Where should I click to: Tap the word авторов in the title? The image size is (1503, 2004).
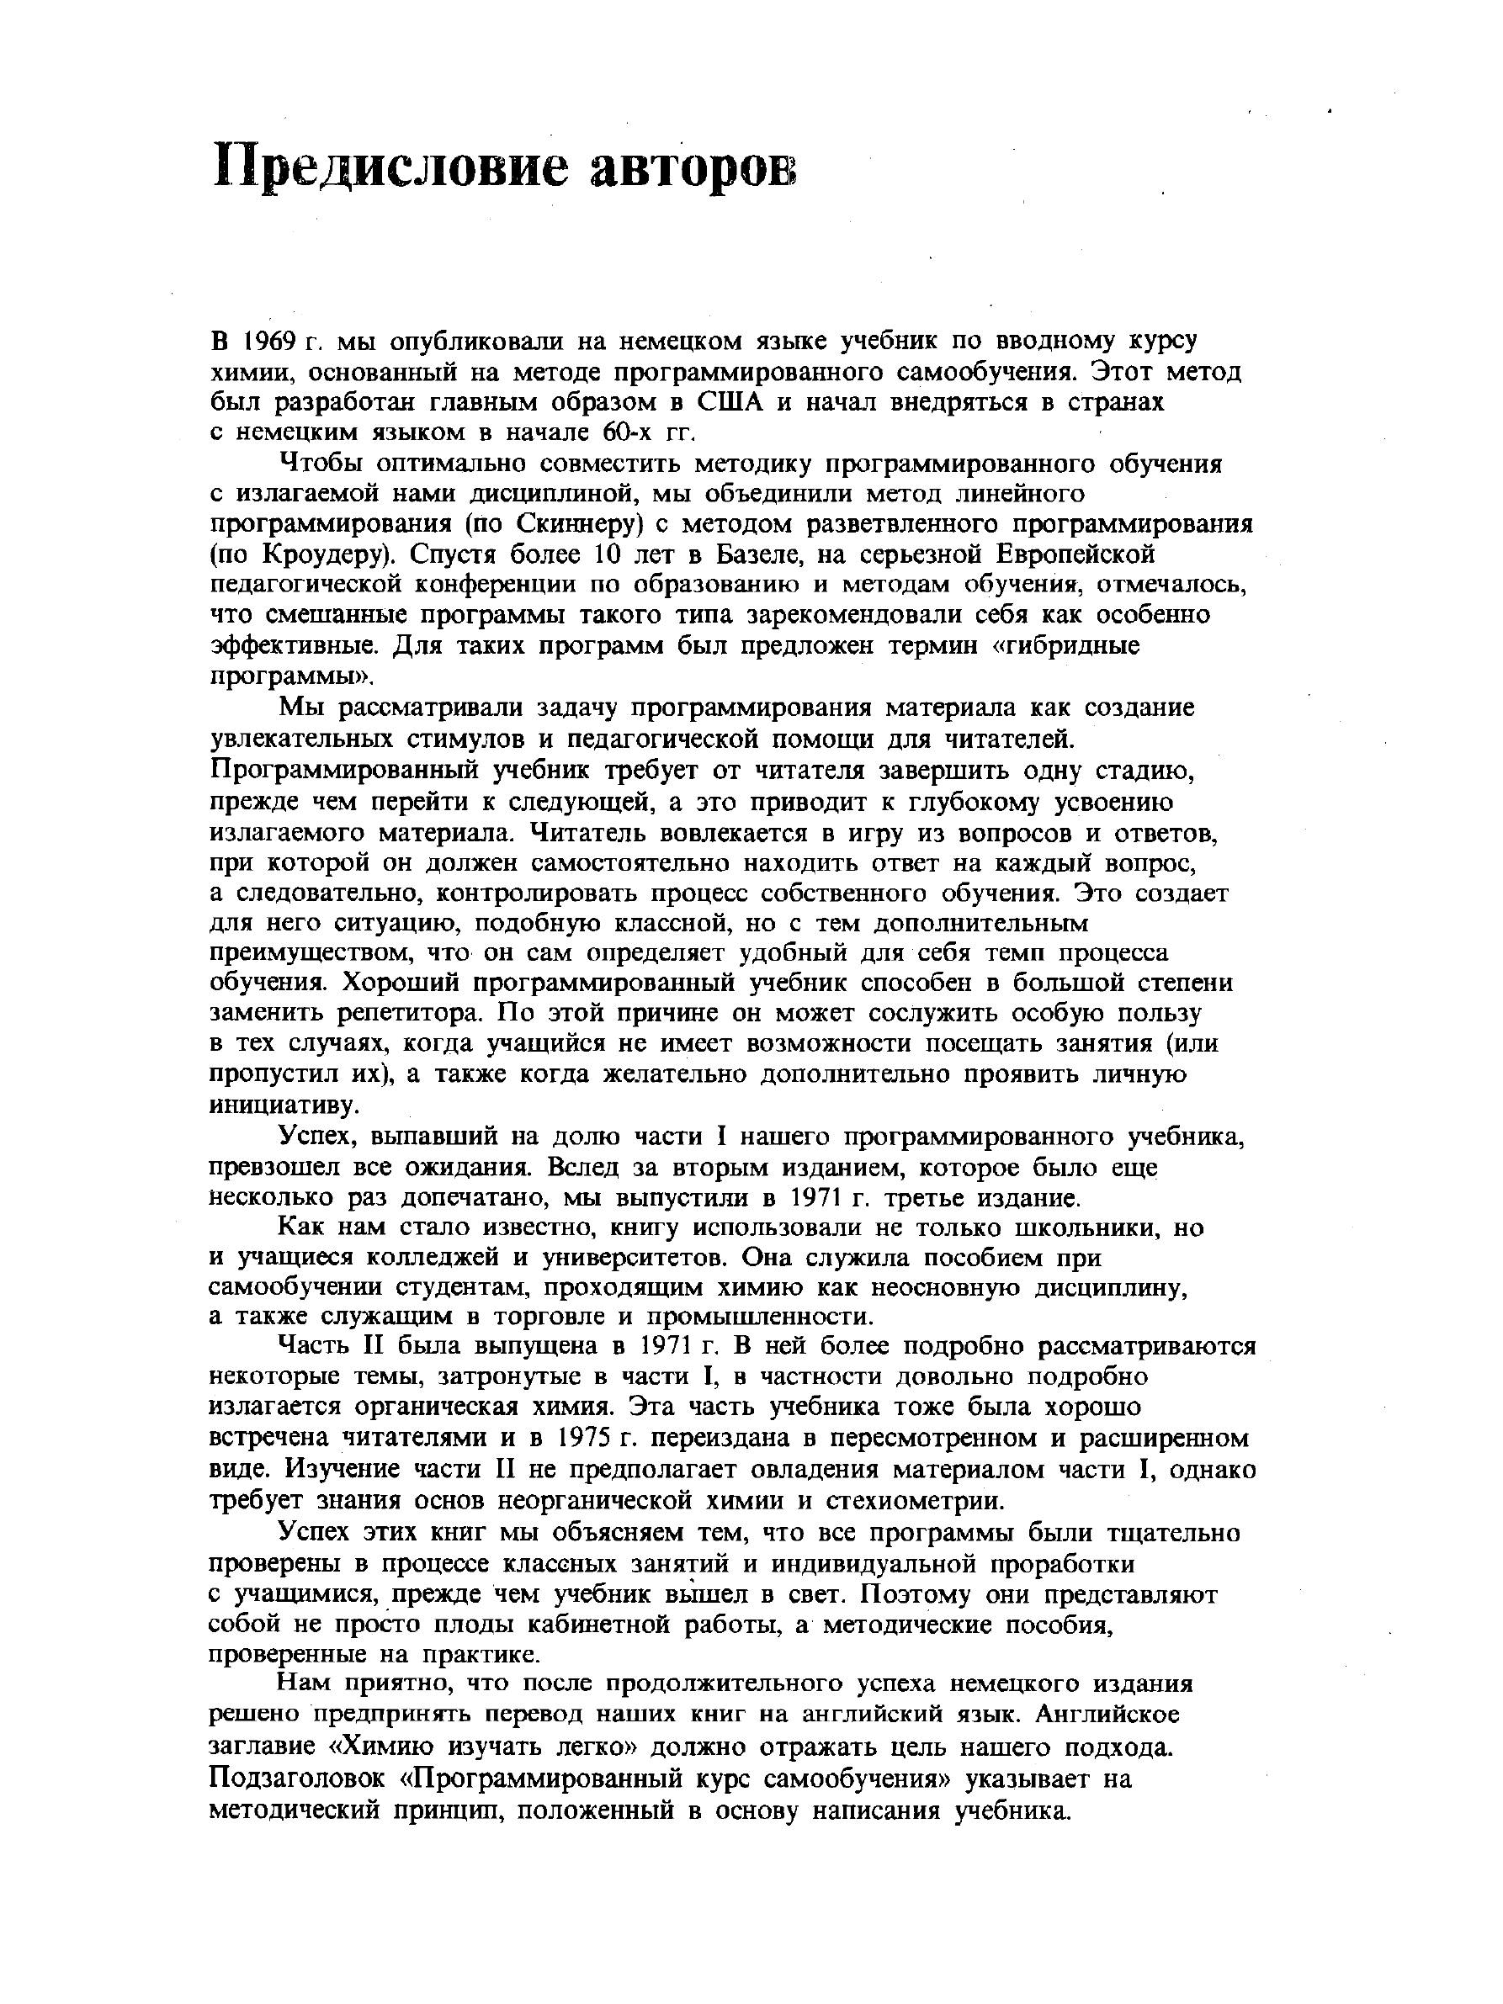click(x=693, y=167)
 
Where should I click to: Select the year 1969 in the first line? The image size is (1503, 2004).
click(x=270, y=342)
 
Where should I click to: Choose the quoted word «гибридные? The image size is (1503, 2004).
click(x=1063, y=646)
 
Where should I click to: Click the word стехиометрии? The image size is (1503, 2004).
click(x=915, y=1498)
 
